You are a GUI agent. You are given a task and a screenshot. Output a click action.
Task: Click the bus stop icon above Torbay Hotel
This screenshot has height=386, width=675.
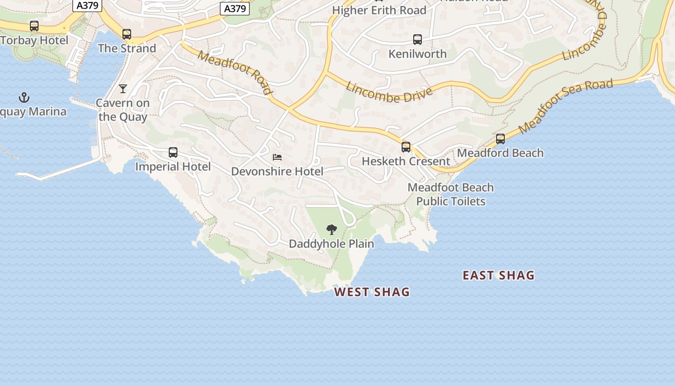coord(34,26)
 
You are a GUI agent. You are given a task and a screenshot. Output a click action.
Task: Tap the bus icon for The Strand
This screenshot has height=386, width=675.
coord(127,34)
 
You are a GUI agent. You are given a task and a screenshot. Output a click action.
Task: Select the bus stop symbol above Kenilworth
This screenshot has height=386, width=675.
coord(418,40)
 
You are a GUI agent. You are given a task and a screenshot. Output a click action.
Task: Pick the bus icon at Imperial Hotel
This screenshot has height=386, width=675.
coord(173,152)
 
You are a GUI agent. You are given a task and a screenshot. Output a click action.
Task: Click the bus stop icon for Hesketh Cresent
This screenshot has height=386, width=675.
coord(406,147)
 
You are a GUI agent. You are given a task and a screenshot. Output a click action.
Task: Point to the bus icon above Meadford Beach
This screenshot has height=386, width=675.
coord(500,139)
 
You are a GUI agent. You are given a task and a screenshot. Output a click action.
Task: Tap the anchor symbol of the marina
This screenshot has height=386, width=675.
coord(24,98)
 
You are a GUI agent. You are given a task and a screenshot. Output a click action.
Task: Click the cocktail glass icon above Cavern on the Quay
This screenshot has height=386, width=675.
coord(123,89)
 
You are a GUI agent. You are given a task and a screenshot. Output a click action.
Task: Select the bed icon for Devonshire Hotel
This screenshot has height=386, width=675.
coord(277,157)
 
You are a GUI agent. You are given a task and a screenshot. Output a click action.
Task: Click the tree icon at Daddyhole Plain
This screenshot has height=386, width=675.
coord(331,230)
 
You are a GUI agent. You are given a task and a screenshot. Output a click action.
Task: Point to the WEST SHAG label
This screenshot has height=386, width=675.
coord(372,292)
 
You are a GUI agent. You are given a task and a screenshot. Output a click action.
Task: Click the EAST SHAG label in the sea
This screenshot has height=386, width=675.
coord(499,276)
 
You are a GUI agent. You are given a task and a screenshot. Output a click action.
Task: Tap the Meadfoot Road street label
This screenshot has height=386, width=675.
coord(235,73)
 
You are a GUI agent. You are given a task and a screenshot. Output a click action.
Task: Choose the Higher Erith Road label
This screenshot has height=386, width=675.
coord(379,10)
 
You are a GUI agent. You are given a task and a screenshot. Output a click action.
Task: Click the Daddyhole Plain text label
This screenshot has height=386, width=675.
coord(331,244)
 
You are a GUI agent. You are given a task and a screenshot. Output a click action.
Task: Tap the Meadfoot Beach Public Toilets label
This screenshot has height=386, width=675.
coord(451,194)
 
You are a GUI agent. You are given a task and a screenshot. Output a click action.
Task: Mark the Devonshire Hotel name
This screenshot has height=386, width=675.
coord(277,171)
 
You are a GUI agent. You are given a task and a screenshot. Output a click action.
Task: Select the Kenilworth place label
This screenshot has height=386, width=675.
coord(418,54)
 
